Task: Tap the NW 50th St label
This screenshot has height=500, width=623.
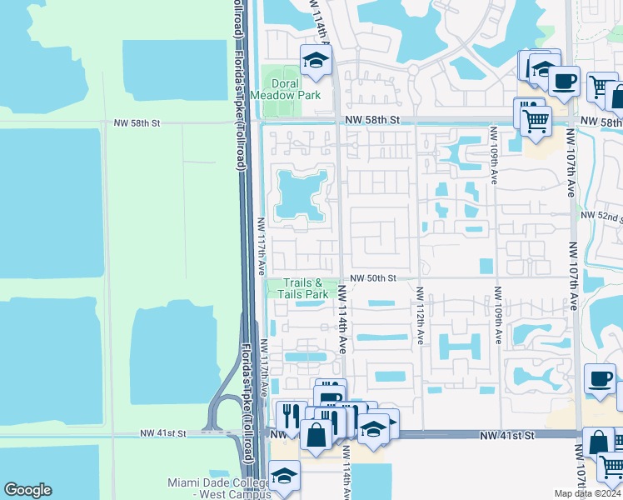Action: pyautogui.click(x=371, y=277)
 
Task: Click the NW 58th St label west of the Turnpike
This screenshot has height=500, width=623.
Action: pyautogui.click(x=136, y=123)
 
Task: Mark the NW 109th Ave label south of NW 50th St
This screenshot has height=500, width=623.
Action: pyautogui.click(x=496, y=317)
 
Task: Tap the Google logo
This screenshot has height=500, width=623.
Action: pyautogui.click(x=27, y=489)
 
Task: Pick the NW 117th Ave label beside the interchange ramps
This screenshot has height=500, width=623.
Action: pyautogui.click(x=265, y=367)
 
